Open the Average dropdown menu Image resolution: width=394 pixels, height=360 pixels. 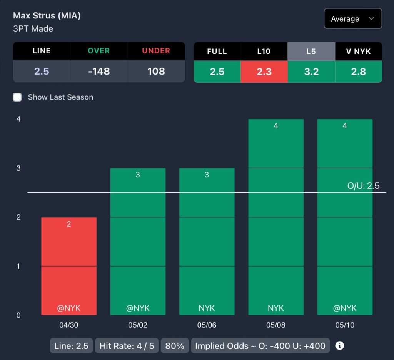(x=353, y=19)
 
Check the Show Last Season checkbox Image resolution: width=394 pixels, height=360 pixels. (x=17, y=97)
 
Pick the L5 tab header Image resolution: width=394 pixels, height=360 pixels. (x=311, y=51)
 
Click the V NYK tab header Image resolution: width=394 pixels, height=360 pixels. (x=358, y=51)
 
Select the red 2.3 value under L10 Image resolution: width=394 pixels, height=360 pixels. (x=264, y=72)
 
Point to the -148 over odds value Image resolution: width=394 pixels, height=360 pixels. (x=99, y=71)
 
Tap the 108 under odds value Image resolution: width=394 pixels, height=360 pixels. (x=156, y=71)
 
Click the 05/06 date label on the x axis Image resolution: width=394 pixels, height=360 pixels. (x=207, y=325)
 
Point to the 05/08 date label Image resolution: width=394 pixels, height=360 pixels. (x=276, y=325)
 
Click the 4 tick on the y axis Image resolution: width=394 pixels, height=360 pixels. (x=18, y=119)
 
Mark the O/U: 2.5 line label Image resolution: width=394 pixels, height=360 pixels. (x=363, y=186)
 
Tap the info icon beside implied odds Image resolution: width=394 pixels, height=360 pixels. (x=339, y=345)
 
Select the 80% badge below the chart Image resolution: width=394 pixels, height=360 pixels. (x=175, y=346)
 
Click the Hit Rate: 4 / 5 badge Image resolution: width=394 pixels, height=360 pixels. (x=127, y=346)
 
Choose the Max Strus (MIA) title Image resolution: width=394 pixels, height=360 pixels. (x=47, y=16)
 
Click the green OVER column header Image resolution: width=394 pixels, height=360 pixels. (x=99, y=51)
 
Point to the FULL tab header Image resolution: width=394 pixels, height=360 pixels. (x=217, y=51)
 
